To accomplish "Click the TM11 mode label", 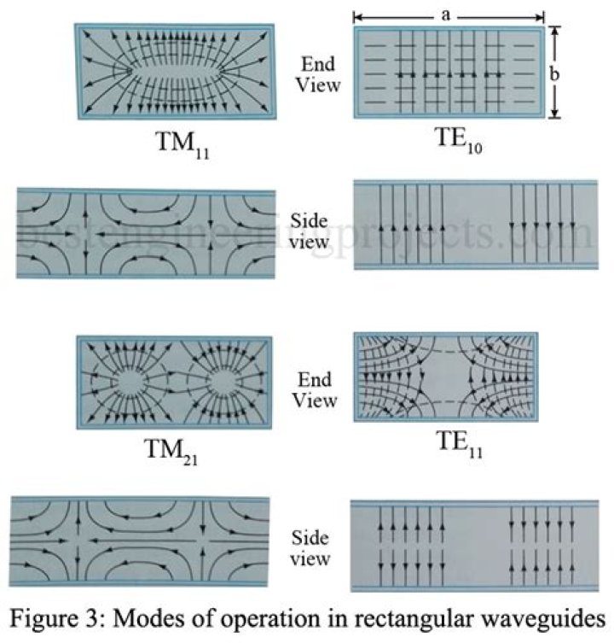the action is [x=182, y=145].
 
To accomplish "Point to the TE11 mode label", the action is [x=460, y=445].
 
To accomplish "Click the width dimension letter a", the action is [x=446, y=15].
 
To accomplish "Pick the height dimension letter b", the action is [x=554, y=73].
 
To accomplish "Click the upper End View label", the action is [x=318, y=74].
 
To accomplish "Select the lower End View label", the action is [x=315, y=390].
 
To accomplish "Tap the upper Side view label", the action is [x=309, y=231].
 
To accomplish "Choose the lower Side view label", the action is [x=310, y=548].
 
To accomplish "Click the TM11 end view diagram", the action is [x=175, y=72].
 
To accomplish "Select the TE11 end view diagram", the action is [x=446, y=377].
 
